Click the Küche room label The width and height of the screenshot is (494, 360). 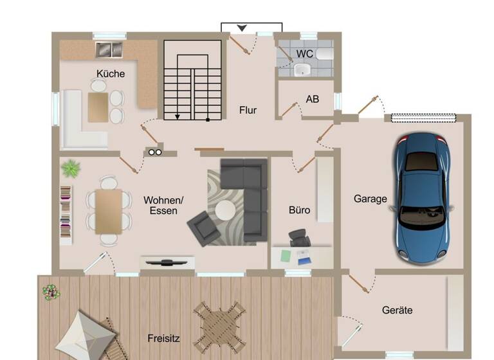(x=111, y=73)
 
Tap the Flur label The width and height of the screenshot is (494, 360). (x=248, y=110)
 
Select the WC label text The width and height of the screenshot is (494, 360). (x=305, y=53)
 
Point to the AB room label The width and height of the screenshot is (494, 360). (x=313, y=100)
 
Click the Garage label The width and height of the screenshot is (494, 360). (x=370, y=199)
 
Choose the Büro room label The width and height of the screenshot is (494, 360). (x=299, y=210)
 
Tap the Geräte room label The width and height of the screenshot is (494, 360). (x=397, y=310)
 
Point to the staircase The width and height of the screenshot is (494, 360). (x=192, y=80)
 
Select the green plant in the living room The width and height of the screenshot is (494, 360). (x=71, y=169)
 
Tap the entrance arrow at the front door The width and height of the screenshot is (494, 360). (x=242, y=28)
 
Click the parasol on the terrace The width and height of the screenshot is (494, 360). (x=86, y=335)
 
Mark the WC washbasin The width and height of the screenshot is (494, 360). (x=301, y=69)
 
